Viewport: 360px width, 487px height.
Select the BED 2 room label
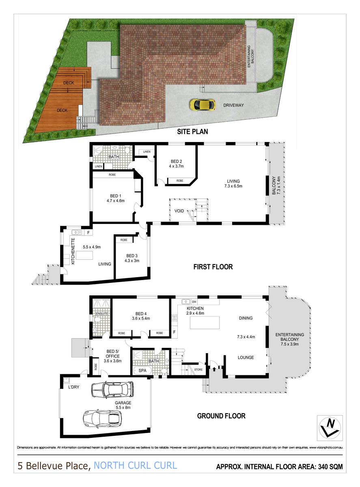pyautogui.click(x=177, y=160)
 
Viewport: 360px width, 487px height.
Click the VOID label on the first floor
pyautogui.click(x=179, y=211)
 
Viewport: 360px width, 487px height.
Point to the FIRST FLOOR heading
pyautogui.click(x=212, y=267)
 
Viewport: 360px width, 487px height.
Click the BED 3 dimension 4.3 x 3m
pyautogui.click(x=132, y=261)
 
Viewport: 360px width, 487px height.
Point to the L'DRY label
pyautogui.click(x=73, y=387)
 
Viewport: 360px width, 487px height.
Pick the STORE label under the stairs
pyautogui.click(x=198, y=369)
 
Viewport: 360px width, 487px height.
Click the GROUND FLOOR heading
pyautogui.click(x=221, y=416)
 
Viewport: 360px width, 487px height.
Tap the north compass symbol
pyautogui.click(x=329, y=427)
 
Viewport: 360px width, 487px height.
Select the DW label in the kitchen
pyautogui.click(x=194, y=302)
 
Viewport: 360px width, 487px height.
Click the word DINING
pyautogui.click(x=246, y=318)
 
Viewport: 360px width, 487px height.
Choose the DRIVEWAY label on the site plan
pyautogui.click(x=233, y=106)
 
